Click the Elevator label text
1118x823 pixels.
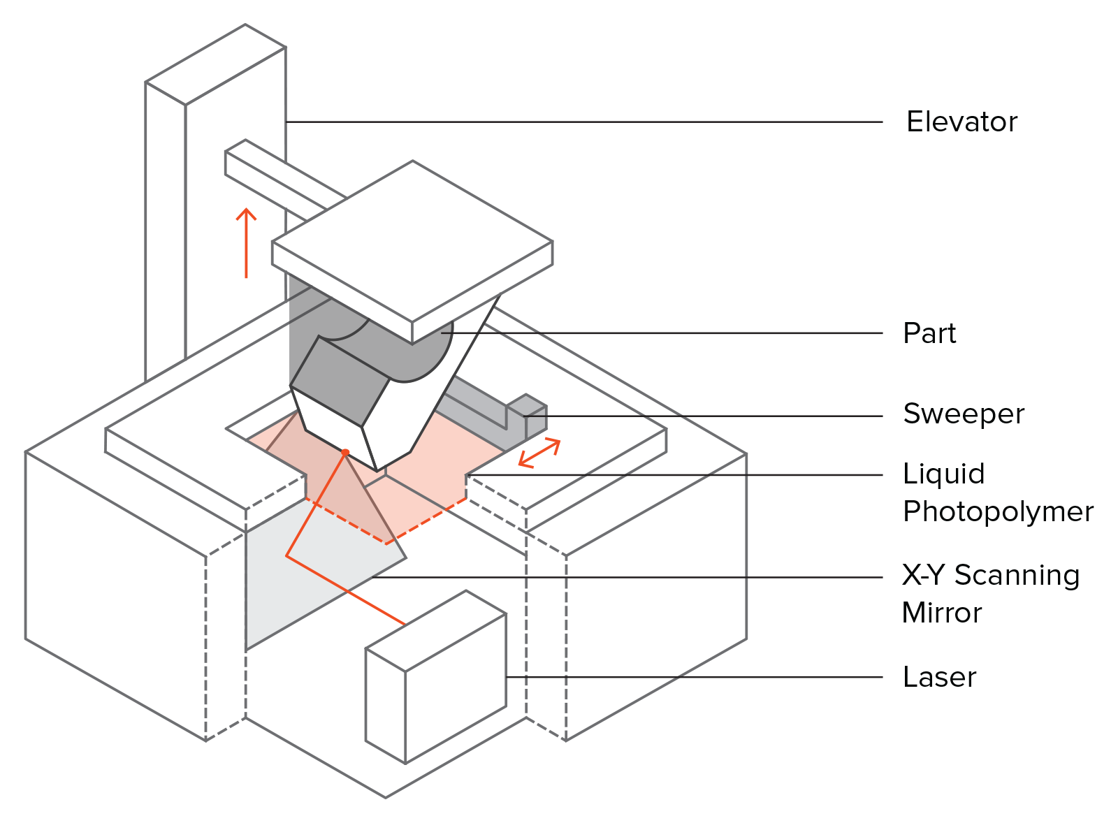(961, 122)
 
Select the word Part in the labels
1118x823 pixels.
(929, 333)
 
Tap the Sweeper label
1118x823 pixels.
(963, 414)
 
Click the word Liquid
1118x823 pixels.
(943, 474)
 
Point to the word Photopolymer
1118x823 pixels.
(997, 512)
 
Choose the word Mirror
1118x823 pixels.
(941, 613)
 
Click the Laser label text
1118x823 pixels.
(939, 677)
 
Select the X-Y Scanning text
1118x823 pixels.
(990, 576)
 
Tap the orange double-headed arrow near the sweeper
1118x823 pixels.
(539, 453)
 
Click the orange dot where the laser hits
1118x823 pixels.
(345, 453)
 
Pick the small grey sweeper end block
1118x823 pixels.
(535, 416)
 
